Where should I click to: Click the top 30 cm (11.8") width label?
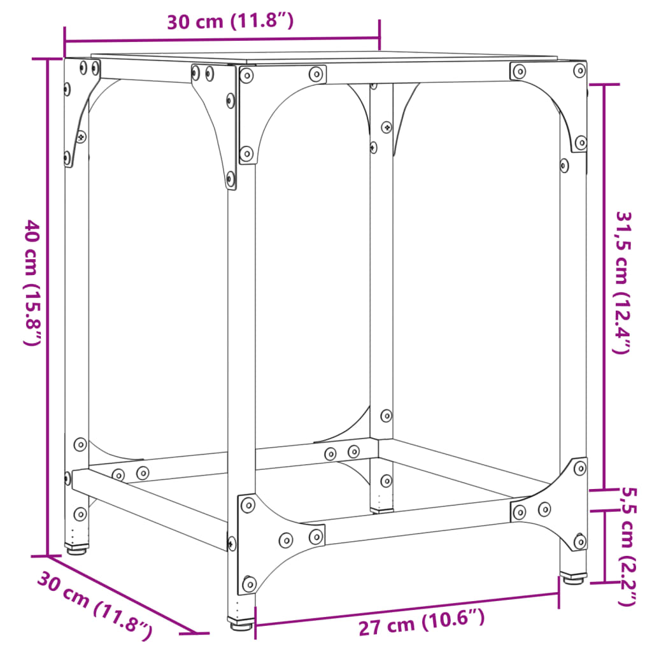(230, 21)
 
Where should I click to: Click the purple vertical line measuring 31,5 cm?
(602, 287)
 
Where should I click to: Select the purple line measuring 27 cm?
(407, 608)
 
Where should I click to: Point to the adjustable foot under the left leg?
(76, 547)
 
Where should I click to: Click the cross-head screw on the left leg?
(81, 136)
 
